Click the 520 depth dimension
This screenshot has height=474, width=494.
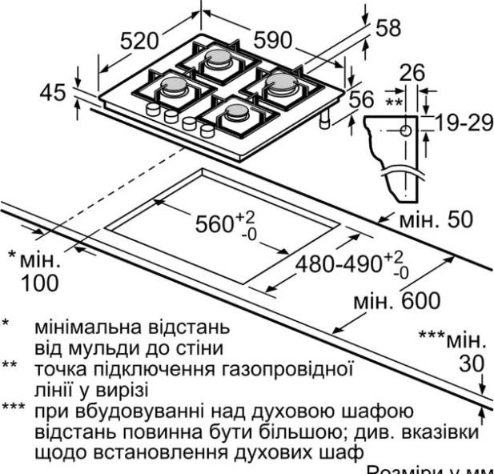(x=140, y=42)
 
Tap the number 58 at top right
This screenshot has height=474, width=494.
(x=388, y=27)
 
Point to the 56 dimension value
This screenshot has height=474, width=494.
(x=363, y=98)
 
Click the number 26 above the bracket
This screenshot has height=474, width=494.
(x=412, y=74)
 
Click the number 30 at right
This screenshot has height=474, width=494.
(x=472, y=364)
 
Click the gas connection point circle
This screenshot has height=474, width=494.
(x=406, y=129)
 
